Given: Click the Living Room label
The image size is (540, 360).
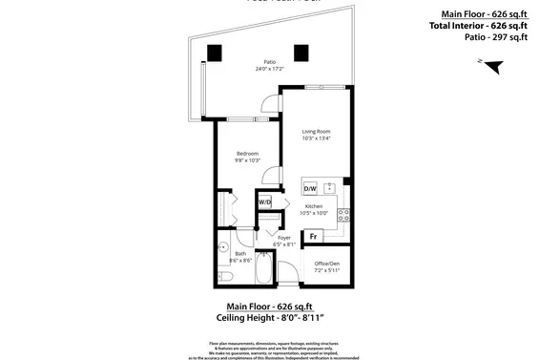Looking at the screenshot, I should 316,131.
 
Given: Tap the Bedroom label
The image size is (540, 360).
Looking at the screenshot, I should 247,153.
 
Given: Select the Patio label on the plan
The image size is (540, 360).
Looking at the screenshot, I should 270,62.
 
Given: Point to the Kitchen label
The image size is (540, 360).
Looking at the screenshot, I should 314,206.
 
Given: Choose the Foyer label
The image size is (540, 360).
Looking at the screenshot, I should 283,237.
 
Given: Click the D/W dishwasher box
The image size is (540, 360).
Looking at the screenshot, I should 310,188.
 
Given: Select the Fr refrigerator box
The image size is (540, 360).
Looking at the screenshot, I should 312,235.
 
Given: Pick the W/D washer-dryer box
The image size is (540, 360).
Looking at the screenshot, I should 264,202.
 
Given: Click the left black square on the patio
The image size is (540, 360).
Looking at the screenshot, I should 216,52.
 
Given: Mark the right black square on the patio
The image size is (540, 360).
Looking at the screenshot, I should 301,52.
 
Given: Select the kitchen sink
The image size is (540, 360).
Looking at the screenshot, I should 329,187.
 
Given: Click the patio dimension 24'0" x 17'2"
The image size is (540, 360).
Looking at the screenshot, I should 270,70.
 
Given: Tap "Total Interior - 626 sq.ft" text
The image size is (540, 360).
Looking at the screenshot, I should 480,26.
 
